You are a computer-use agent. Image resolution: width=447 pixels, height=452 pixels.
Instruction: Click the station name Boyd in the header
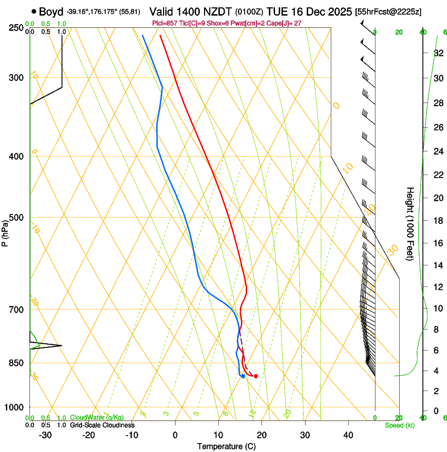coord(51,12)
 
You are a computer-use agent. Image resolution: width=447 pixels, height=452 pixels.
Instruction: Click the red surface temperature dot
coord(256,376)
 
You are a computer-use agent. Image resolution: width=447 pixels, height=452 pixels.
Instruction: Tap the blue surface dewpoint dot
coord(243,376)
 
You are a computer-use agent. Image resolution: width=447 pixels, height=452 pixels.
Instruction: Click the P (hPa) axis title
coord(5,232)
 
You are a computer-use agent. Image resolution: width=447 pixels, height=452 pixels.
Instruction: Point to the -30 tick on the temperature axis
coord(45,435)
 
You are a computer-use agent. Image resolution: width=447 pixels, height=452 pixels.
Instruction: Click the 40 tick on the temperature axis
coord(348,435)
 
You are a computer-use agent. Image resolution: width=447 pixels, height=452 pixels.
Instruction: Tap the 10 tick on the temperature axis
coord(218,435)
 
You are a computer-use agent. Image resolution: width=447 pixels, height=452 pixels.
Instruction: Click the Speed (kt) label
coord(399,425)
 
